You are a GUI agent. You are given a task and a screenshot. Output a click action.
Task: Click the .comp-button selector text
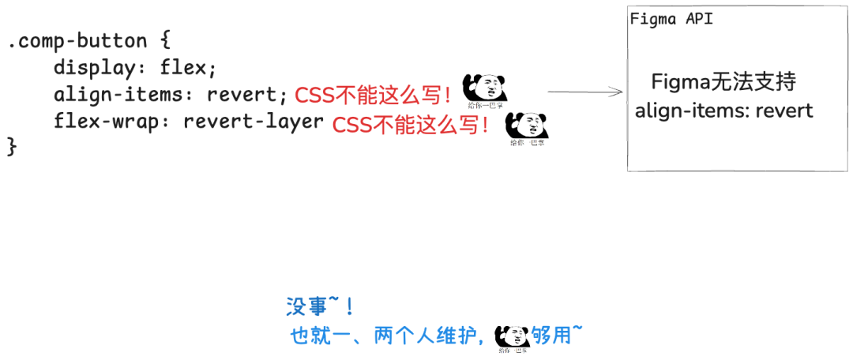(x=77, y=41)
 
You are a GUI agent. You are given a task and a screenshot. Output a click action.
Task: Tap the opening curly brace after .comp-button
(x=164, y=41)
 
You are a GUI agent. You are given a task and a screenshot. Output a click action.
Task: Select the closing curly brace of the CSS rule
(x=12, y=147)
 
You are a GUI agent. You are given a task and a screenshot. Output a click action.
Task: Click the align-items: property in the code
(x=124, y=96)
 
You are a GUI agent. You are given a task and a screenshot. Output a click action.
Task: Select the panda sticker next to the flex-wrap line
(x=527, y=126)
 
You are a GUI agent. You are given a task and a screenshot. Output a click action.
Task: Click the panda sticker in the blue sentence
(x=513, y=338)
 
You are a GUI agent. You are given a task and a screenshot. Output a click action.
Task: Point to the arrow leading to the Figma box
(x=584, y=92)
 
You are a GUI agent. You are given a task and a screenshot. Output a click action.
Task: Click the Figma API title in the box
(x=671, y=20)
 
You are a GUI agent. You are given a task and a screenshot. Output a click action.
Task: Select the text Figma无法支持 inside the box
(x=723, y=81)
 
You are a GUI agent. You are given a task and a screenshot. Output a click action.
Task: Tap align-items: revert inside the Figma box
(x=723, y=110)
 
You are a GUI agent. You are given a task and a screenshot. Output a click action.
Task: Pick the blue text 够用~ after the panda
(x=558, y=336)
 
